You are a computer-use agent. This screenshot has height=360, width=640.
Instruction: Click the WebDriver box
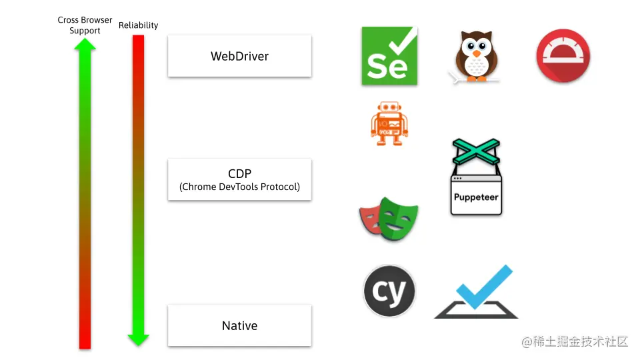tap(239, 56)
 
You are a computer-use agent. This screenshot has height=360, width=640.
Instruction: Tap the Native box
tap(239, 326)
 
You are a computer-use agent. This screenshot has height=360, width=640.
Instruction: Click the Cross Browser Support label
tap(85, 25)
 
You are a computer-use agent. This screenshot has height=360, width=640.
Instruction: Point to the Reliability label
tap(138, 25)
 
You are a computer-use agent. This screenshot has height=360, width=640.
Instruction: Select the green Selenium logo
tap(389, 56)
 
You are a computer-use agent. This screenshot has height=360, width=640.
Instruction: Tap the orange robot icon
tap(389, 123)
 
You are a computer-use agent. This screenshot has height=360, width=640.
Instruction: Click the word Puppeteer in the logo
tap(476, 197)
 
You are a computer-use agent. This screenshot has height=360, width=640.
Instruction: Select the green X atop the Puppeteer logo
tap(476, 151)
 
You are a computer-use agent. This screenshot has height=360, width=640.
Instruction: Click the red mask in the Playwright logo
tap(371, 220)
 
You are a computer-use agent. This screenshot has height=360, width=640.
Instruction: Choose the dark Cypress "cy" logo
tap(389, 292)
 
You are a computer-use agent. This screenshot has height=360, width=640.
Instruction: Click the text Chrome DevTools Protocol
tap(239, 187)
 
